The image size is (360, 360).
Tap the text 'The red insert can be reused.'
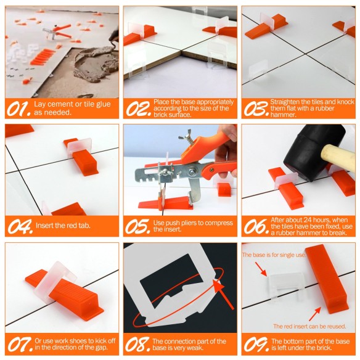point(309,325)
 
